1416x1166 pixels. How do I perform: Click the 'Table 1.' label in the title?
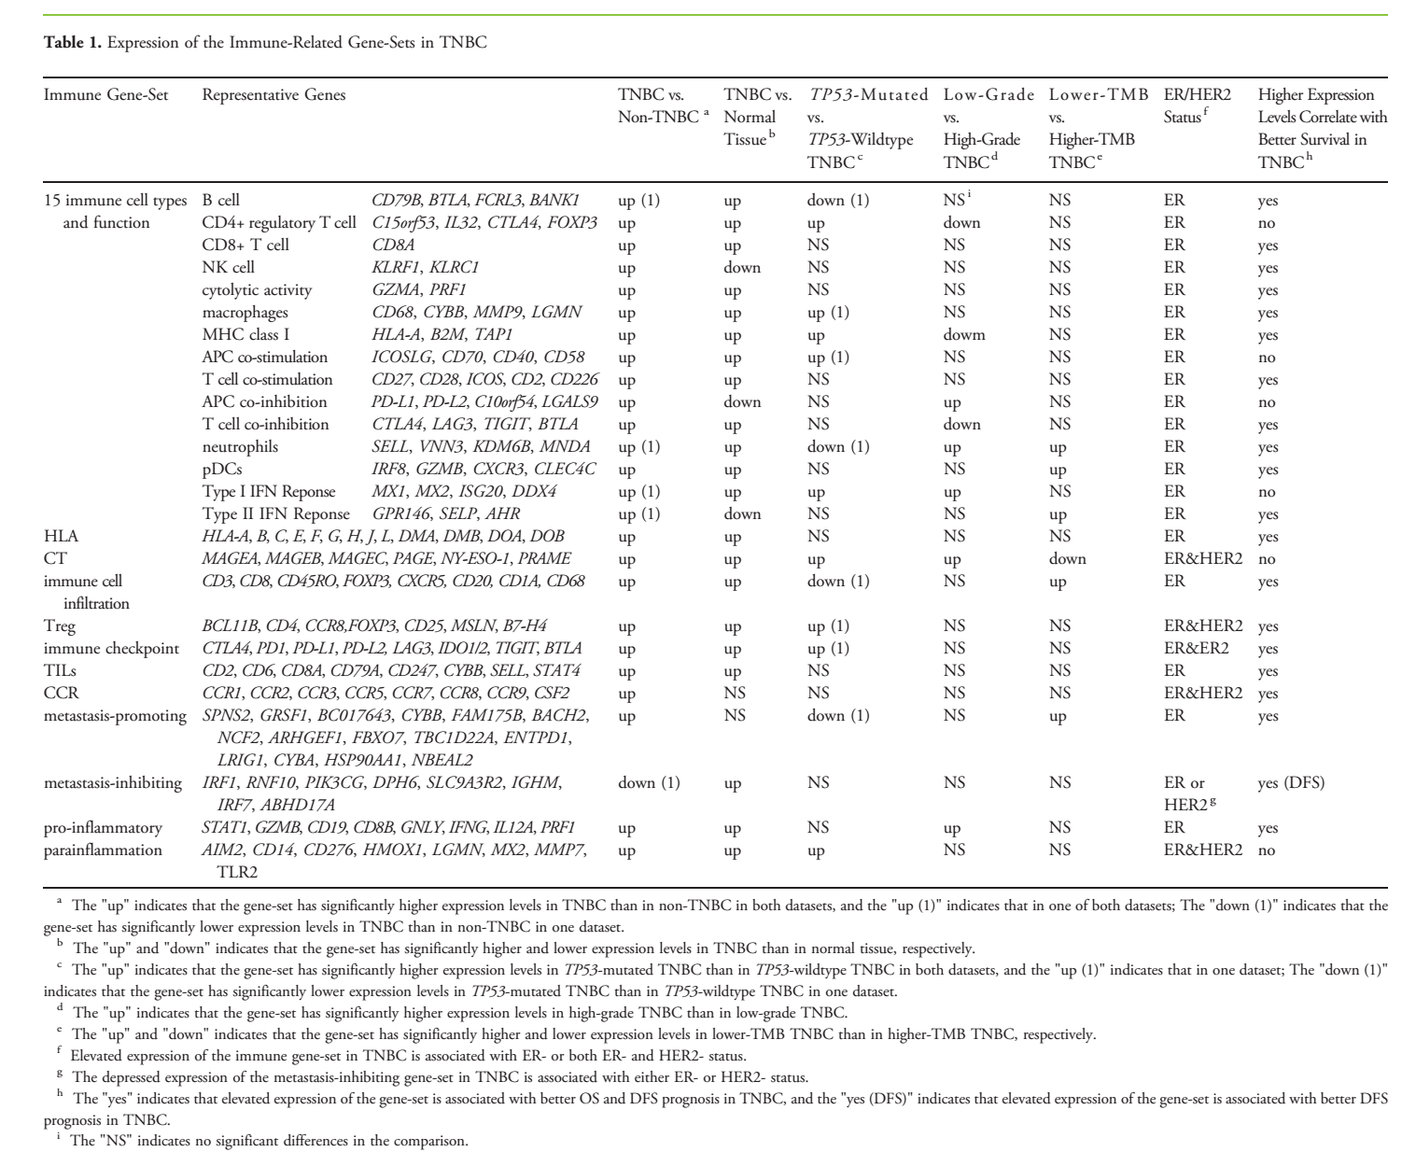pos(73,43)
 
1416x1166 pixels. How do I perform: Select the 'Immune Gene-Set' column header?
pos(105,95)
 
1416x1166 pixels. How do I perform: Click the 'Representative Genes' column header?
pos(273,95)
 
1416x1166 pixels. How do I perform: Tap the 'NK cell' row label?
pos(228,268)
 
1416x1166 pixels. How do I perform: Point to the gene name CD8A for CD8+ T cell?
pos(393,246)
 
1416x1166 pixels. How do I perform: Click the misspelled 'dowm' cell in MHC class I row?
pos(964,335)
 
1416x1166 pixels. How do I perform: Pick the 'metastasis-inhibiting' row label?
pos(113,783)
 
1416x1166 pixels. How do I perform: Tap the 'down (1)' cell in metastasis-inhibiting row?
pos(649,783)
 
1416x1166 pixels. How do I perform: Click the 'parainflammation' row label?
pos(103,850)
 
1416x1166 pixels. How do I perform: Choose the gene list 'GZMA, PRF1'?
pos(419,290)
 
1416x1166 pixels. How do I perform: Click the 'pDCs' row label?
pos(222,470)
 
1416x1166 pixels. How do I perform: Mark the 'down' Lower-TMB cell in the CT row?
pos(1067,559)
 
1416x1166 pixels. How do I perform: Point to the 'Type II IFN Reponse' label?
pos(275,514)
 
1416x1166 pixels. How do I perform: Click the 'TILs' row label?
pos(60,671)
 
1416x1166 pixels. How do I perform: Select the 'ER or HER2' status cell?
pos(1185,794)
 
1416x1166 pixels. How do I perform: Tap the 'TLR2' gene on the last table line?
pos(237,873)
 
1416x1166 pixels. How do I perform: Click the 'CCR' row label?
pos(61,694)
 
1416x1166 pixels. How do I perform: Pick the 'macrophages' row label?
pos(245,313)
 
